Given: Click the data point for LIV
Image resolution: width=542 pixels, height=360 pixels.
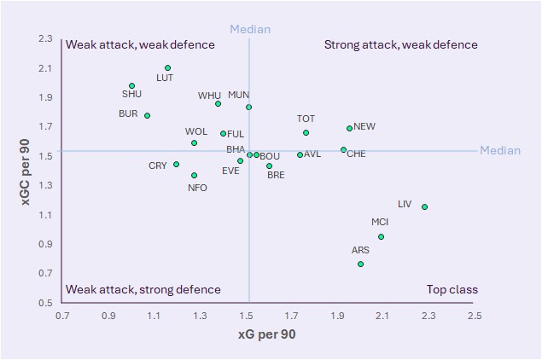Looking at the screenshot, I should tap(424, 206).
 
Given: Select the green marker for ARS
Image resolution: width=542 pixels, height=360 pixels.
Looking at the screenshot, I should tap(360, 264).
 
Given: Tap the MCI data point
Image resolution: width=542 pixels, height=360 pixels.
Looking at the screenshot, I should tap(381, 237).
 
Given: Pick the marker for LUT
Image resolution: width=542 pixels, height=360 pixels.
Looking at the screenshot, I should tap(168, 68).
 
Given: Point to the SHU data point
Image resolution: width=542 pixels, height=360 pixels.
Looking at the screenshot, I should tap(131, 86).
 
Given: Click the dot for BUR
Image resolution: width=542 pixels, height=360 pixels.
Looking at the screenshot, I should tap(147, 116).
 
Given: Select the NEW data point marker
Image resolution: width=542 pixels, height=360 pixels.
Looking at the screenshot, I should tap(349, 129).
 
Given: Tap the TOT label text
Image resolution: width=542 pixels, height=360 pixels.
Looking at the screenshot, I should tap(306, 119).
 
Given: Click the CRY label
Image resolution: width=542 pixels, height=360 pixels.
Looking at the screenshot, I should tap(158, 165).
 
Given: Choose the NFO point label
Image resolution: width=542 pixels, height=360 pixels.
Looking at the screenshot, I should tap(197, 188).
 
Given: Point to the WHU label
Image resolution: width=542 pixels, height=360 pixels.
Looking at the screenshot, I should tap(209, 96).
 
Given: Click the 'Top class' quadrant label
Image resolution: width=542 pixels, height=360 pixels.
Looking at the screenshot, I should tap(452, 290).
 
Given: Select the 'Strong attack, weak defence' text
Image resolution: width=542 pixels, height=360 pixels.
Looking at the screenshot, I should tap(400, 44).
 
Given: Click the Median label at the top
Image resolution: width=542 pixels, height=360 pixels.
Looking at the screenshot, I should tap(249, 30).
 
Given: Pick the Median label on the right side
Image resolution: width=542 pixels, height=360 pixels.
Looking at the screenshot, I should tap(499, 151).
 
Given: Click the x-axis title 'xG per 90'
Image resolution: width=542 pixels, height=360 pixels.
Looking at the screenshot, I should tap(266, 335).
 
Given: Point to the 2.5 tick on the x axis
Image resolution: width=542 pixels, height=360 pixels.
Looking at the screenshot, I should tap(474, 316).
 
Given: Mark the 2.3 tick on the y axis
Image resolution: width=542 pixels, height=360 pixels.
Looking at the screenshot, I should tap(45, 39).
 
